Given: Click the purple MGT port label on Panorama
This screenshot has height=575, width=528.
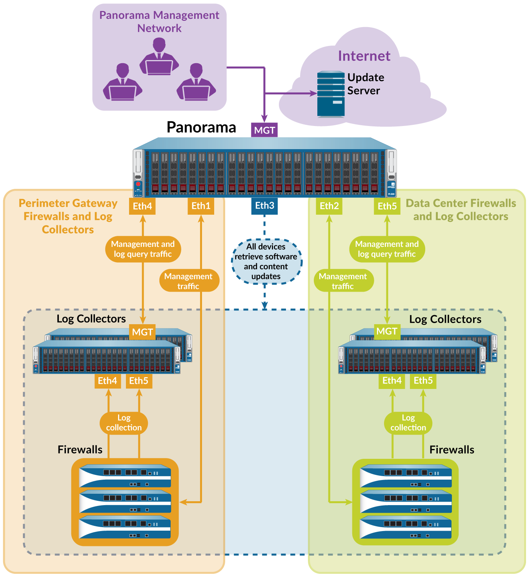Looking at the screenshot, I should [264, 130].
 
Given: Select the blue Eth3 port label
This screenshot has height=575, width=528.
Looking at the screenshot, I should [264, 206].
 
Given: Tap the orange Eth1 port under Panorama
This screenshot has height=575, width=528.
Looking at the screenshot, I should [201, 206].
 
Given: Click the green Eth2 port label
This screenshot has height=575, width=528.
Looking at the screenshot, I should [329, 206].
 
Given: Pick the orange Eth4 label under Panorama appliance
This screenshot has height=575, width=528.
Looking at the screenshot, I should [142, 206].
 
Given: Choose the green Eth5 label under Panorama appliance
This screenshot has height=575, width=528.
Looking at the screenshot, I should [387, 206].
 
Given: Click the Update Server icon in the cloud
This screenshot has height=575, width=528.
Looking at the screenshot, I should [331, 94].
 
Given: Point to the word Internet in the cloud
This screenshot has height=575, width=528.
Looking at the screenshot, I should [364, 56].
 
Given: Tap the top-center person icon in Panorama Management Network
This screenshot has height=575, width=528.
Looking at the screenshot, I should [159, 57].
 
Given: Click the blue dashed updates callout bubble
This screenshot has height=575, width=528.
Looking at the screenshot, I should [266, 261].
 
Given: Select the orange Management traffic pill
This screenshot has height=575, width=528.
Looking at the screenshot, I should [189, 281].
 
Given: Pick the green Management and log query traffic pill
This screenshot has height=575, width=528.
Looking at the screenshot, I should [387, 249].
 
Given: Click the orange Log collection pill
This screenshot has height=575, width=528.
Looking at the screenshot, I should [124, 423].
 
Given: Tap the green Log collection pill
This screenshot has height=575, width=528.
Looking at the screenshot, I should [408, 423].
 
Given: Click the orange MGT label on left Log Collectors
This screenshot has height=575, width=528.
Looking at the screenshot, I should [142, 332].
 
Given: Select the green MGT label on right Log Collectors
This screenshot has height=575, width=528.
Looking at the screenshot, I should [387, 331].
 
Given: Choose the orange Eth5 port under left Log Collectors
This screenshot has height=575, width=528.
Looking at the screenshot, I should [139, 381].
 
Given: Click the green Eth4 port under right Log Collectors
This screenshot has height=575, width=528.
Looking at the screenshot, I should [392, 380].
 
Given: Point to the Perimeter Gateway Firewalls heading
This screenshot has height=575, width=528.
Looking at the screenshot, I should [68, 216].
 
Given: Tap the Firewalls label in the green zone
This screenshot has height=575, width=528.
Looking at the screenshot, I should [452, 450].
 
